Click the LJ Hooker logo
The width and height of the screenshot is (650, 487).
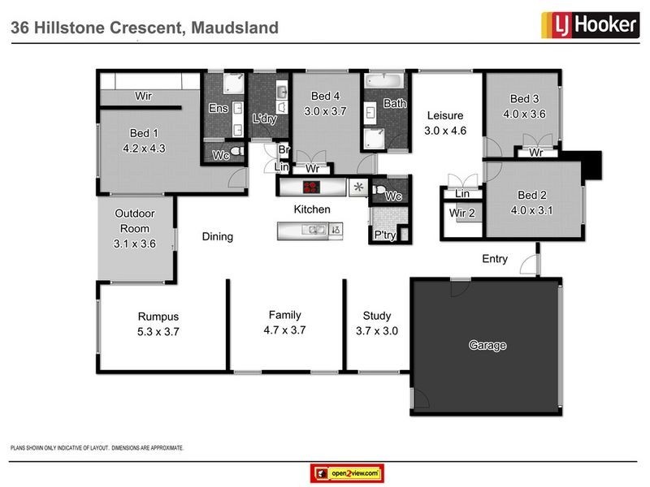[x=589, y=24]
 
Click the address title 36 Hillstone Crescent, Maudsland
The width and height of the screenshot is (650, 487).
[x=144, y=28]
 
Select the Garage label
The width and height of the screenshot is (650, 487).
[x=487, y=346]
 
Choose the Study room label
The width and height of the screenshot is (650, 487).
[x=376, y=316]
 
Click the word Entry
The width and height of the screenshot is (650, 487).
[x=495, y=260]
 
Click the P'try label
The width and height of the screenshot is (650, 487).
[x=383, y=236]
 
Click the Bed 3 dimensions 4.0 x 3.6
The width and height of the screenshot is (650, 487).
[x=525, y=114]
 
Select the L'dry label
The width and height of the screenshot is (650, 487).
[x=265, y=119]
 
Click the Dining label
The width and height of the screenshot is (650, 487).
[x=217, y=237]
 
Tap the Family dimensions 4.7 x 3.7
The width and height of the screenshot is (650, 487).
[x=285, y=330]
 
